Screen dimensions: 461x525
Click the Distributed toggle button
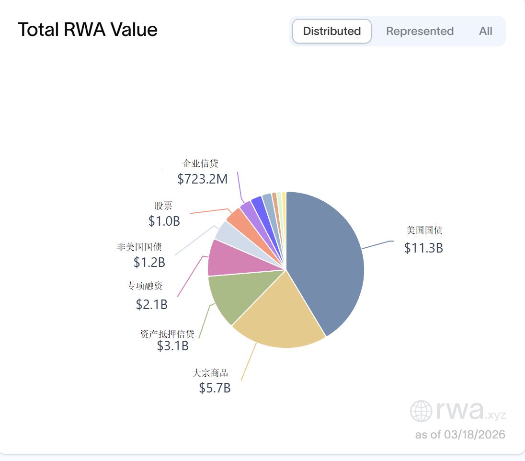coord(332,31)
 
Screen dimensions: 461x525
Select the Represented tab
coord(420,31)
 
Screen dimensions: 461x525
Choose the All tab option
coord(485,31)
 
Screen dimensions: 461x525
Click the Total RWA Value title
coord(88,30)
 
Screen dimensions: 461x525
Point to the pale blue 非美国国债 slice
coord(228,232)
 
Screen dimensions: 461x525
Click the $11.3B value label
coord(423,248)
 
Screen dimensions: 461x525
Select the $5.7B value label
coord(215,388)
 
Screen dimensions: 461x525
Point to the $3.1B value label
coord(172,346)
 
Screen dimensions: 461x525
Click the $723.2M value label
coord(202,179)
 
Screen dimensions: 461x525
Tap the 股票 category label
coord(163,206)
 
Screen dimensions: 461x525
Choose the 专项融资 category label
coord(145,286)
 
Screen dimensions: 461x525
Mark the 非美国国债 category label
coord(139,247)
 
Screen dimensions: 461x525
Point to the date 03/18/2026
coord(474,435)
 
